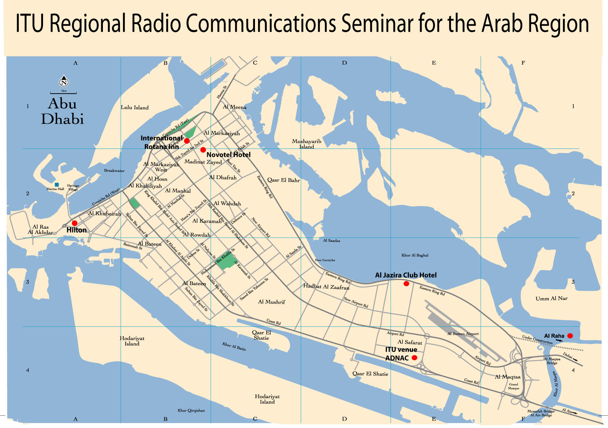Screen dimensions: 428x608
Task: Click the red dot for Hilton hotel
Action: [74, 223]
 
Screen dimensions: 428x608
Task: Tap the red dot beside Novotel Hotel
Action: [203, 150]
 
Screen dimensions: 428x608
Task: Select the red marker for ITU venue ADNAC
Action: [414, 358]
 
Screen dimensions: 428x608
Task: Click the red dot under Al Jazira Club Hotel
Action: [406, 284]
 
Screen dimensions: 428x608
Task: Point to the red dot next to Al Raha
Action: [570, 336]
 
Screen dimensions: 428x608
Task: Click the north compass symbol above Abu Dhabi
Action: [64, 81]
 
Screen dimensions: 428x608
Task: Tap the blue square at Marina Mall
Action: [57, 185]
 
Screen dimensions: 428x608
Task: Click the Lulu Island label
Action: [135, 107]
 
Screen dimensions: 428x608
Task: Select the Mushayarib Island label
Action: [306, 144]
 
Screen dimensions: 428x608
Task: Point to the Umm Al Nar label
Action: [551, 298]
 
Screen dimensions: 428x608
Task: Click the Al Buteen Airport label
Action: [463, 334]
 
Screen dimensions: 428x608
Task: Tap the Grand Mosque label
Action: [514, 386]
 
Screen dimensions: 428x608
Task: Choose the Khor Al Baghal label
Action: [415, 255]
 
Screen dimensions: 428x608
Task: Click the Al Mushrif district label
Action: [271, 302]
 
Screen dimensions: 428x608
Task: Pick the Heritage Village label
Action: [73, 187]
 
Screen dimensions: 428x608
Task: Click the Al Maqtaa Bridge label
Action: [552, 361]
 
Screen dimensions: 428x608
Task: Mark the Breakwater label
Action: [114, 171]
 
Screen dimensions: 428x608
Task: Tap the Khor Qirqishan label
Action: [191, 411]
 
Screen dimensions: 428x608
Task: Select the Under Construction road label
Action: [537, 340]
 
